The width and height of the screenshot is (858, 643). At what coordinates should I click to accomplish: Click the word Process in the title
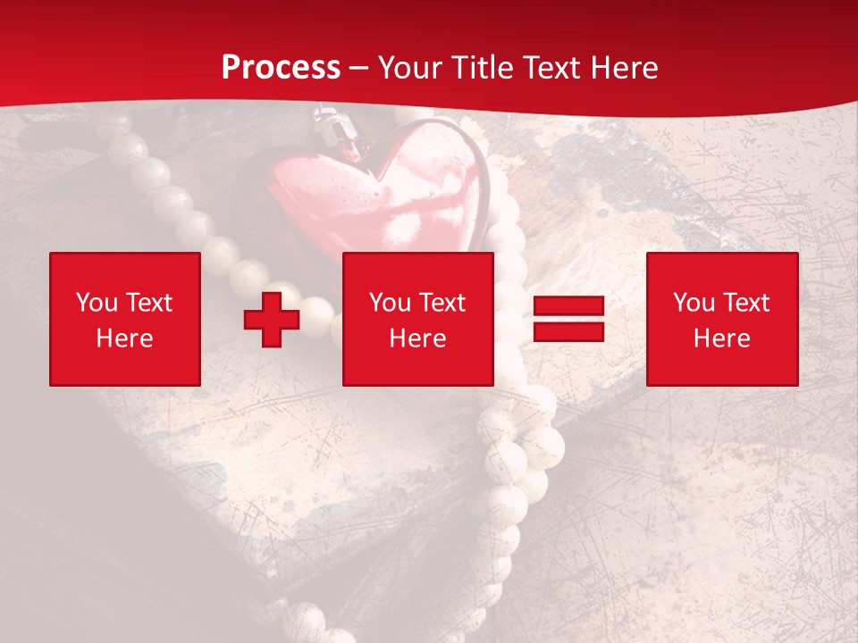[281, 68]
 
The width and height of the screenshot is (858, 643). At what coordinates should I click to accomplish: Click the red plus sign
[272, 320]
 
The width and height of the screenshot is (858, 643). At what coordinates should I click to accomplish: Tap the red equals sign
[568, 319]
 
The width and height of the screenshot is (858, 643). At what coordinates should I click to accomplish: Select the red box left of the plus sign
[124, 319]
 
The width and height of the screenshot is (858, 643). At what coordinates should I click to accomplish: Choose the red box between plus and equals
[417, 319]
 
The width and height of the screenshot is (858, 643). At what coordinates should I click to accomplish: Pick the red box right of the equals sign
[721, 319]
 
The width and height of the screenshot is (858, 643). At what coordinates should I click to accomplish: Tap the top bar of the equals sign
[568, 307]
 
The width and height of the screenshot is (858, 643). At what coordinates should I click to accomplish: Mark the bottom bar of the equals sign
[568, 331]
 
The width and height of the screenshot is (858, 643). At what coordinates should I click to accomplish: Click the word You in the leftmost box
[97, 303]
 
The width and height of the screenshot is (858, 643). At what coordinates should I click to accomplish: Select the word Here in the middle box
[417, 338]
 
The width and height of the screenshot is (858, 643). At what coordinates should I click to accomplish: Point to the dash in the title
[359, 68]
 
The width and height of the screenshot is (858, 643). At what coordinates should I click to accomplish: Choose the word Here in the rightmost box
[721, 338]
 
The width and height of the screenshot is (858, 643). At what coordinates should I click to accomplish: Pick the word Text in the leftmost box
[148, 303]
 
